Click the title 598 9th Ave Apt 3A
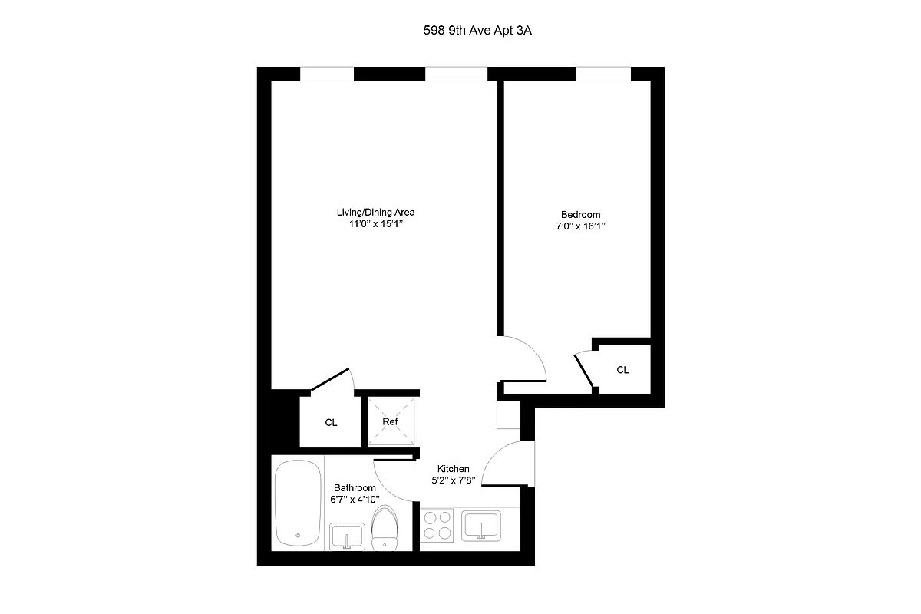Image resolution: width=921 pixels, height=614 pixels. click(x=460, y=32)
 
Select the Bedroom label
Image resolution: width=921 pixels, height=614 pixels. click(x=580, y=215)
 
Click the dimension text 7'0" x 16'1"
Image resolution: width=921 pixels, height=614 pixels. click(x=580, y=227)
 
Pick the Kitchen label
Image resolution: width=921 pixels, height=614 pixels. click(x=454, y=469)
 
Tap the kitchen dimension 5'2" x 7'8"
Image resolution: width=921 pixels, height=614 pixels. click(x=454, y=481)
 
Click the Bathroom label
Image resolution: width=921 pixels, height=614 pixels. click(x=355, y=488)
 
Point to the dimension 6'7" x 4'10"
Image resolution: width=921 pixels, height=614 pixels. click(x=355, y=500)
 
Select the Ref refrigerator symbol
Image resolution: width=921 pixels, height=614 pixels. click(x=391, y=421)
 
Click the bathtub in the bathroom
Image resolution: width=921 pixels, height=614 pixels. click(x=298, y=503)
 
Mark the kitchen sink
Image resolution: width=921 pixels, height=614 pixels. click(x=480, y=527)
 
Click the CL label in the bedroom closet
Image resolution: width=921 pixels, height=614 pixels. click(x=622, y=370)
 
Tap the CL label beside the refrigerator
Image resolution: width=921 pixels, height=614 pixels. click(x=331, y=423)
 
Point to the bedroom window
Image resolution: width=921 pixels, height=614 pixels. click(x=603, y=74)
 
